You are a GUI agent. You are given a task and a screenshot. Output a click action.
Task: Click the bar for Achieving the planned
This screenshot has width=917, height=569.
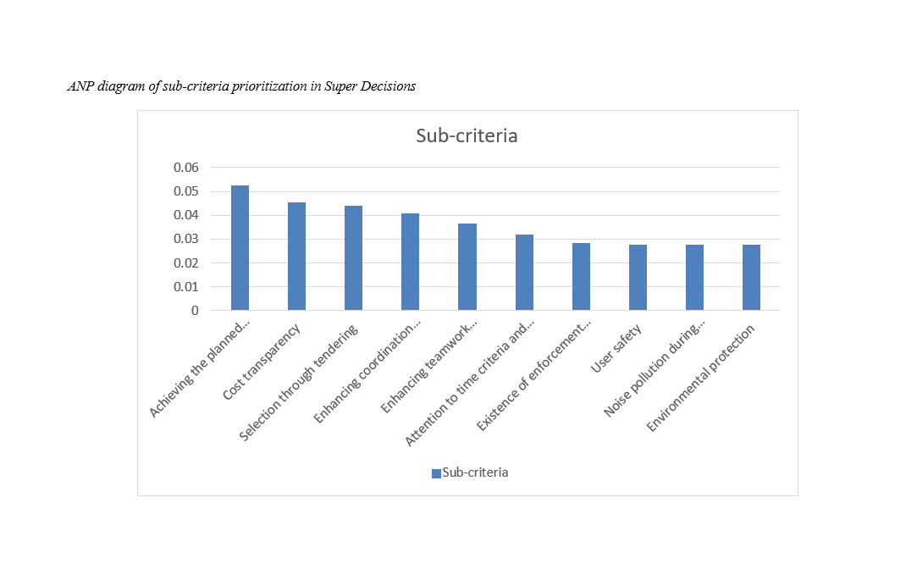click(x=240, y=247)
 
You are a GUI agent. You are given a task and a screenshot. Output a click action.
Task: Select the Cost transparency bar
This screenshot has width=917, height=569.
click(x=296, y=256)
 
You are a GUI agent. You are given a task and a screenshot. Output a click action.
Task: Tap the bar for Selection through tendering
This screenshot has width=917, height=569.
click(x=353, y=257)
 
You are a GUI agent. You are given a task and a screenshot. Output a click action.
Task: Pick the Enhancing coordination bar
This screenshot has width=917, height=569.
click(x=410, y=262)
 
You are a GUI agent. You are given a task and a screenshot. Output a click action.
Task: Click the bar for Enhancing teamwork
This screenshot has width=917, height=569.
click(x=467, y=267)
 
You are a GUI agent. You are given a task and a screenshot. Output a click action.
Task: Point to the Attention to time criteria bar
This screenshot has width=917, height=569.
click(x=524, y=272)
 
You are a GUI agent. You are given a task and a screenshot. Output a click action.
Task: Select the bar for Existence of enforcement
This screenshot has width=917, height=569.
click(x=581, y=276)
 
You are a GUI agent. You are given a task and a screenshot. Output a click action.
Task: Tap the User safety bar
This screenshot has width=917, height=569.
click(x=638, y=277)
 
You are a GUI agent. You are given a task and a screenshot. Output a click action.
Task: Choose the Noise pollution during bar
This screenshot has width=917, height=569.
click(x=694, y=277)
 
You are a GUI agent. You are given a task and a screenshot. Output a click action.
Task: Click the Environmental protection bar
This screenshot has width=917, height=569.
click(x=751, y=277)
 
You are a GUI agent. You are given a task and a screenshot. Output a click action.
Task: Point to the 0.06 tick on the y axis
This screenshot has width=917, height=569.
click(x=185, y=168)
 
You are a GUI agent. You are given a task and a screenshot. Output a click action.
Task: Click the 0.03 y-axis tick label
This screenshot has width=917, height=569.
click(x=185, y=239)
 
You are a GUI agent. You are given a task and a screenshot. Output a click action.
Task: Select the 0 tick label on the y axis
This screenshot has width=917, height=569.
click(x=194, y=311)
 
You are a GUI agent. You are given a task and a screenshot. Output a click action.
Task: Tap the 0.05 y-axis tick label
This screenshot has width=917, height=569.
click(x=185, y=191)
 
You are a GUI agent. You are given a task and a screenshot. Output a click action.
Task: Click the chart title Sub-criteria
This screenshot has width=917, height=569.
click(x=467, y=135)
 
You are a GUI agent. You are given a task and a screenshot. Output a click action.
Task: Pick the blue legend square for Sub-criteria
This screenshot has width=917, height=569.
click(x=436, y=473)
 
